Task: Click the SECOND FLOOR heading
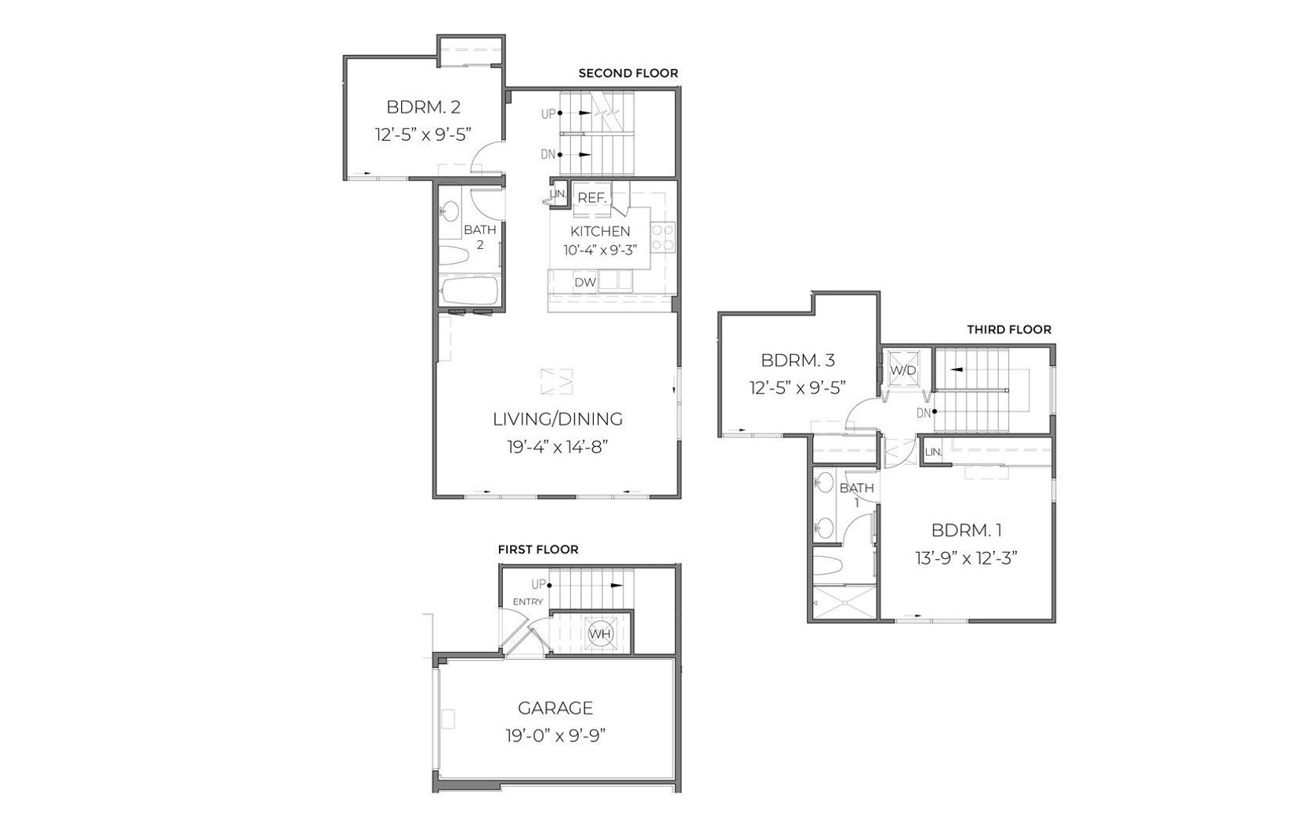[628, 74]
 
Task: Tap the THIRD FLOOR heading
[1009, 330]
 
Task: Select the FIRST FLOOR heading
[538, 550]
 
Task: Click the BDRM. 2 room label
[424, 107]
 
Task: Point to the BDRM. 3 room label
[797, 360]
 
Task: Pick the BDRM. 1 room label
[967, 530]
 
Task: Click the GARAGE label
[555, 708]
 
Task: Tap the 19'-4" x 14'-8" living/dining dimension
[557, 448]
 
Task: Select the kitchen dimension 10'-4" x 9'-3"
[600, 251]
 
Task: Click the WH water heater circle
[601, 634]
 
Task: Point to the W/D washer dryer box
[903, 370]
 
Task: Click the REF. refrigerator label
[592, 199]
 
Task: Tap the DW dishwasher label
[585, 283]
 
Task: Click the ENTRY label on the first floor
[528, 602]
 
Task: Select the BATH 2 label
[480, 236]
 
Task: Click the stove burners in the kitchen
[663, 237]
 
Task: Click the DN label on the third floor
[924, 413]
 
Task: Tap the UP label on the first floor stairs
[539, 585]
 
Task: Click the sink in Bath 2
[450, 211]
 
